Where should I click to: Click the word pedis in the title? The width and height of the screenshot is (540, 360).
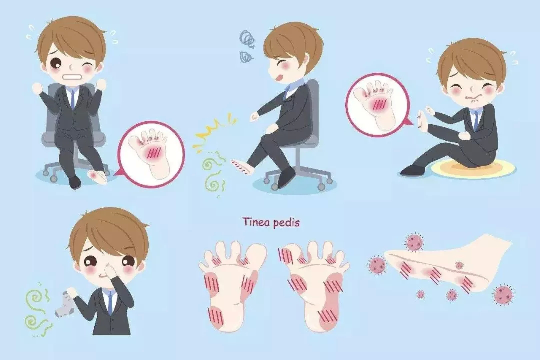(286, 223)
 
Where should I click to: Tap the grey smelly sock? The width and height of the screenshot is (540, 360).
(64, 303)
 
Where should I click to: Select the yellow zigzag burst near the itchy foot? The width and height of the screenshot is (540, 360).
(214, 132)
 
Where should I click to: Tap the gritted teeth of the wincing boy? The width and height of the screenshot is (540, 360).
(73, 76)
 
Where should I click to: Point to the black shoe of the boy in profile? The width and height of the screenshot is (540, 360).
(285, 176)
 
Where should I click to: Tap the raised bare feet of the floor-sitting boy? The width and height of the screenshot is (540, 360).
(421, 120)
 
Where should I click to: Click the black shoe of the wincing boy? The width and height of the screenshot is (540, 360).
(75, 182)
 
